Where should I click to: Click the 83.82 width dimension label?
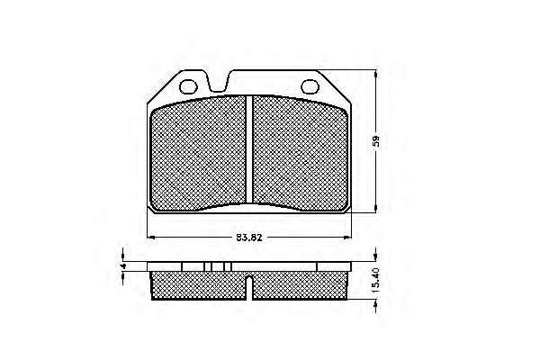click(249, 238)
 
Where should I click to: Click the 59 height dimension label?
click(376, 140)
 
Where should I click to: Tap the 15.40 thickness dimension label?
click(376, 281)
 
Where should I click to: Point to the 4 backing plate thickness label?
click(121, 266)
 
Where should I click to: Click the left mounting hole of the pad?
click(189, 86)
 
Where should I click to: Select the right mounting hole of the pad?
click(310, 86)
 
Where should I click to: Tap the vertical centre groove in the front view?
click(249, 149)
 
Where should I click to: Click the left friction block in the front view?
click(199, 154)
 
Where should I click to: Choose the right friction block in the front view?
click(300, 154)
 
